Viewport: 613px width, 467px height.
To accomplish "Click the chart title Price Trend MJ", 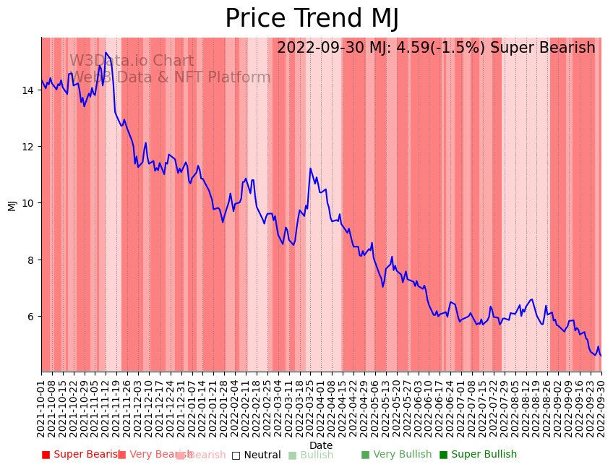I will point(312,19).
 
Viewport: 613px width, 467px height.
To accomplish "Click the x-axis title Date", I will point(321,445).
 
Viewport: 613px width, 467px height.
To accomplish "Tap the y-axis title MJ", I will point(12,205).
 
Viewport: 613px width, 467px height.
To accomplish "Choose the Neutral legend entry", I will point(257,455).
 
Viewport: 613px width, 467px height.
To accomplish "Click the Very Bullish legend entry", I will point(396,455).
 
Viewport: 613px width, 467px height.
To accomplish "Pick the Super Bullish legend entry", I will point(479,455).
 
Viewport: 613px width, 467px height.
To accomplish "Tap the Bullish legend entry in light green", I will point(311,455).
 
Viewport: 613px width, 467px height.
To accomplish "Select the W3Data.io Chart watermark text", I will point(132,61).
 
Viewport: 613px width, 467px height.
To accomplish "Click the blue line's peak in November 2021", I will point(106,53).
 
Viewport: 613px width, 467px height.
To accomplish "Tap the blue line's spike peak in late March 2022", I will point(311,168).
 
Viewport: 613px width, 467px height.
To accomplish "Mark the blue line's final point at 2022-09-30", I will point(601,356).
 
